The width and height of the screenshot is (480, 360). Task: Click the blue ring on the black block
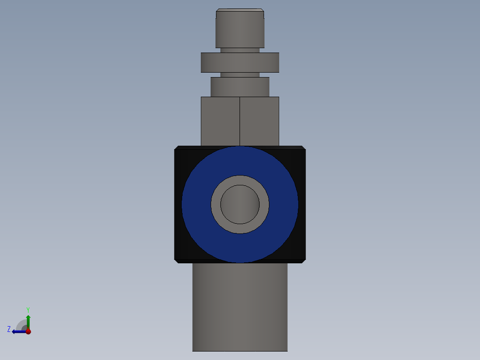pyautogui.click(x=196, y=205)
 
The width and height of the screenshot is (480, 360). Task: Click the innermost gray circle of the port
pyautogui.click(x=240, y=205)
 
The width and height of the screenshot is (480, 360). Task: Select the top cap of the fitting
pyautogui.click(x=240, y=29)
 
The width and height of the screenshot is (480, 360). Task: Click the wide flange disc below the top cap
pyautogui.click(x=240, y=62)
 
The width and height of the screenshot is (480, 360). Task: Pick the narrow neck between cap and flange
pyautogui.click(x=240, y=50)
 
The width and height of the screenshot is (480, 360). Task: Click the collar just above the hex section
pyautogui.click(x=240, y=87)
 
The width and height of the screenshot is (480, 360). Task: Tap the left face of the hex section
pyautogui.click(x=220, y=121)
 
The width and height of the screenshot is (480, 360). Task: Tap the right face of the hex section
pyautogui.click(x=260, y=121)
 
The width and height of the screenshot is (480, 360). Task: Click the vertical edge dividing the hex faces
pyautogui.click(x=240, y=121)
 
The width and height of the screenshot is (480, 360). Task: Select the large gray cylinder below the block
pyautogui.click(x=240, y=307)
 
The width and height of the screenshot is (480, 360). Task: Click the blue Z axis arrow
pyautogui.click(x=18, y=331)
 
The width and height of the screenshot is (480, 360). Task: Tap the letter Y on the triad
pyautogui.click(x=28, y=309)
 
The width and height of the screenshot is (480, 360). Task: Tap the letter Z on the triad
pyautogui.click(x=9, y=329)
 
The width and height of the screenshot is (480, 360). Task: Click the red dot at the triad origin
pyautogui.click(x=28, y=331)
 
